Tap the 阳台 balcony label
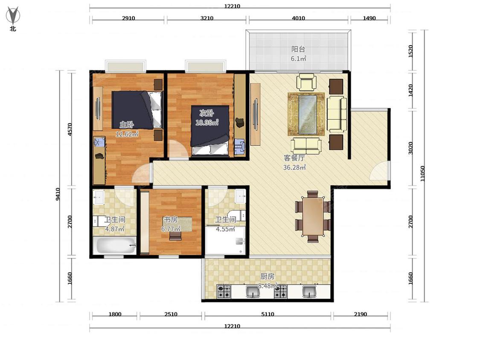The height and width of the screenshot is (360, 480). point(298,49)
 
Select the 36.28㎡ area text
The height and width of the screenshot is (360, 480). point(294,167)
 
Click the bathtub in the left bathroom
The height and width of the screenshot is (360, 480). point(114,246)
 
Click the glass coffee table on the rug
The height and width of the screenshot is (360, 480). point(307,114)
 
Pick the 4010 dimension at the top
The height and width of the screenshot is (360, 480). point(298,18)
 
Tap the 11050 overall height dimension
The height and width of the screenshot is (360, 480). point(422,174)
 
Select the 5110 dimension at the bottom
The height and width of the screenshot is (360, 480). point(268,314)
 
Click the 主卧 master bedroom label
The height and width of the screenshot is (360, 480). point(126,124)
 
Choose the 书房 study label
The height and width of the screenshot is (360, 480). point(171,220)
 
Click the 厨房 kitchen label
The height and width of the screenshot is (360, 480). point(267,276)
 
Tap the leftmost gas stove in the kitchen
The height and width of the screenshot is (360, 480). point(224,291)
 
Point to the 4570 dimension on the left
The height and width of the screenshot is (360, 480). point(70,129)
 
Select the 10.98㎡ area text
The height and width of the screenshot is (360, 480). point(207,122)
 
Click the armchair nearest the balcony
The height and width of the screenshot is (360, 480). point(306,82)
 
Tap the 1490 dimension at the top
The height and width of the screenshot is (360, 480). point(369,18)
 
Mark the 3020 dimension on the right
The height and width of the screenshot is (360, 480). point(410,148)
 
